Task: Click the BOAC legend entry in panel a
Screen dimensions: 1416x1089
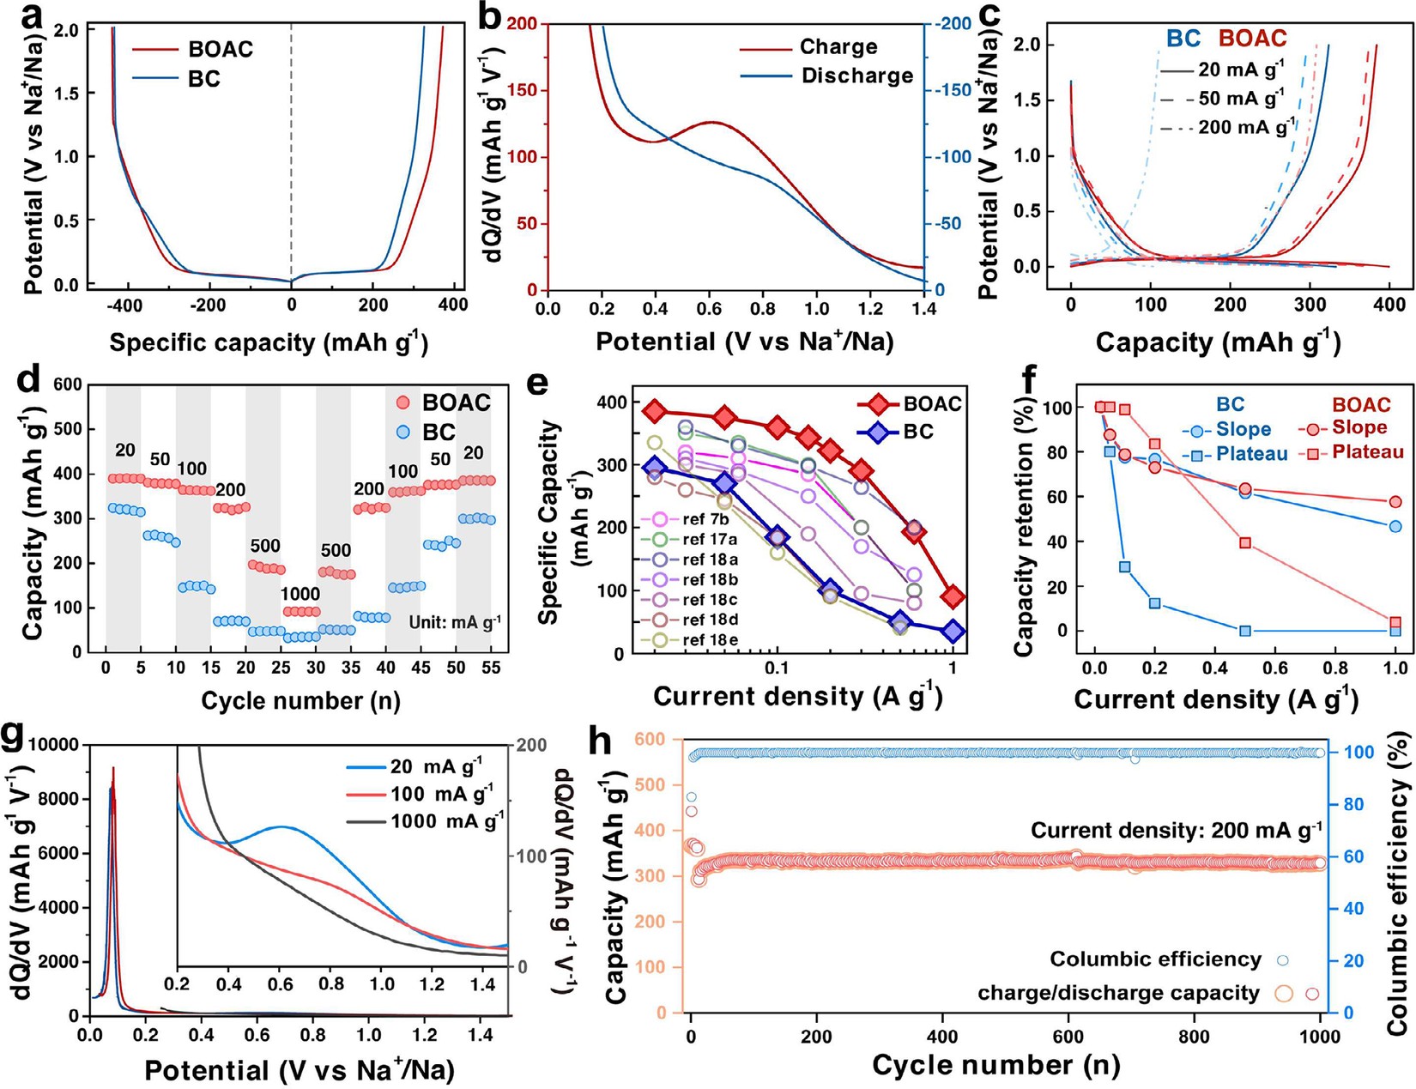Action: click(x=192, y=50)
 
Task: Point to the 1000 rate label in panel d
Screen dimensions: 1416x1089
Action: click(x=300, y=594)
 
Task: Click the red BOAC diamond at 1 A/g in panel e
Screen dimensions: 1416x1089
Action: click(x=953, y=596)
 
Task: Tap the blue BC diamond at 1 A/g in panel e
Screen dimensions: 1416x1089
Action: click(x=953, y=631)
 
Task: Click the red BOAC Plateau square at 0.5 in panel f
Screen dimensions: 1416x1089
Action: click(x=1245, y=542)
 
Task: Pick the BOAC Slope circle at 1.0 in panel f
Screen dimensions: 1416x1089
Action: click(x=1395, y=501)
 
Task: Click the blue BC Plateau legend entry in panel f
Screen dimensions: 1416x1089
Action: click(x=1235, y=454)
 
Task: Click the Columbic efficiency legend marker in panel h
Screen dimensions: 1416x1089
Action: click(x=1283, y=959)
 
